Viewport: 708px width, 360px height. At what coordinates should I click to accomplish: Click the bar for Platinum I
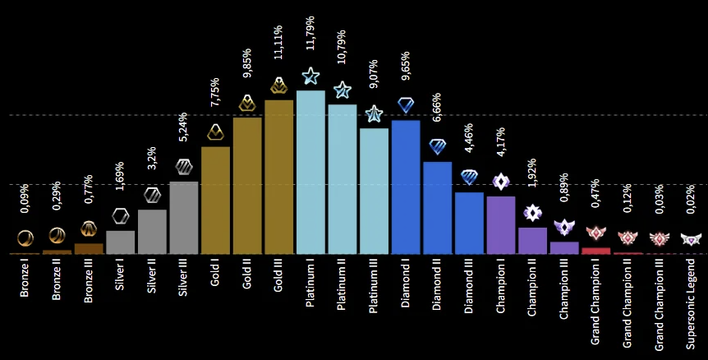(x=310, y=172)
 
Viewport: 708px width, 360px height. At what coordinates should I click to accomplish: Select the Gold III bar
(x=278, y=177)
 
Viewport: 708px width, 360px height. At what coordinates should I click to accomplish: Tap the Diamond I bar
(x=406, y=187)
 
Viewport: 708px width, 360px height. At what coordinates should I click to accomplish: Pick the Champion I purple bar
(x=500, y=224)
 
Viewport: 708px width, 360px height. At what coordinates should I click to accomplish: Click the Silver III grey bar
(x=183, y=217)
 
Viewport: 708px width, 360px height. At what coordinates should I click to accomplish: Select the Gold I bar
(x=215, y=200)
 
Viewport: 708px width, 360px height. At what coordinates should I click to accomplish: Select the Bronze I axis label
(x=25, y=279)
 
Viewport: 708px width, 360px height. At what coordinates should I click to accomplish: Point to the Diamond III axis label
(x=469, y=289)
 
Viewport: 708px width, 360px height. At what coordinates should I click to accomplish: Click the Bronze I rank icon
(x=25, y=238)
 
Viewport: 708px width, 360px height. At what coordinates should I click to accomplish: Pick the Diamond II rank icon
(x=438, y=146)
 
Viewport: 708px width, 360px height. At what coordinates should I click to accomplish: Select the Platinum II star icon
(x=342, y=90)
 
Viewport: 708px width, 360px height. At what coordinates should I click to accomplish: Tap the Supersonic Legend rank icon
(x=691, y=239)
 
